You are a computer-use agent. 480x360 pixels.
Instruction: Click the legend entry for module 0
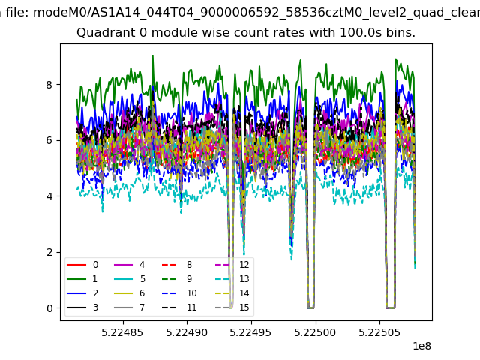(x=82, y=265)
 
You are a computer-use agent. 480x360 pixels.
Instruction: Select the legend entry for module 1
(x=82, y=278)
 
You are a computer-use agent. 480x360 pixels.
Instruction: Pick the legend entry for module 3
(x=82, y=307)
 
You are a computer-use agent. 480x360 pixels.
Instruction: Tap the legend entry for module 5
(x=130, y=278)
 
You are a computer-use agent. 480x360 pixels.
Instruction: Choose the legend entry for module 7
(x=130, y=307)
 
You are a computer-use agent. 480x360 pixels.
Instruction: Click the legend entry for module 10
(x=179, y=293)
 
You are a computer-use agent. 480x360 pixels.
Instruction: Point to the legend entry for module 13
(x=232, y=278)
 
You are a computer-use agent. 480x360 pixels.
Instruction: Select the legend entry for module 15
(x=232, y=307)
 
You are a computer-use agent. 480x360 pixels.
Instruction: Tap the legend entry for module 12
(x=232, y=265)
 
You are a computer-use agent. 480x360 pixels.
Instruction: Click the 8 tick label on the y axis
(x=49, y=85)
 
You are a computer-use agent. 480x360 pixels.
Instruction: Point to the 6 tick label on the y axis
(x=49, y=140)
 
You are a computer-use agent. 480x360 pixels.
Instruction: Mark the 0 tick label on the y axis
(x=49, y=308)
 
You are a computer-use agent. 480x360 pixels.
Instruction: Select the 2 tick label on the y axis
(x=49, y=252)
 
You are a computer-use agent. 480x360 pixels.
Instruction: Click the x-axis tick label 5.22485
(x=122, y=332)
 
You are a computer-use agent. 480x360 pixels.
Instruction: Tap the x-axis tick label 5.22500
(x=315, y=332)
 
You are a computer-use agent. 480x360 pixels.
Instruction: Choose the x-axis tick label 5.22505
(x=379, y=332)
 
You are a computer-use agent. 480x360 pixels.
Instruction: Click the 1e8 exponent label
(x=421, y=346)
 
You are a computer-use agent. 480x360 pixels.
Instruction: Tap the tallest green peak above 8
(x=153, y=56)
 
